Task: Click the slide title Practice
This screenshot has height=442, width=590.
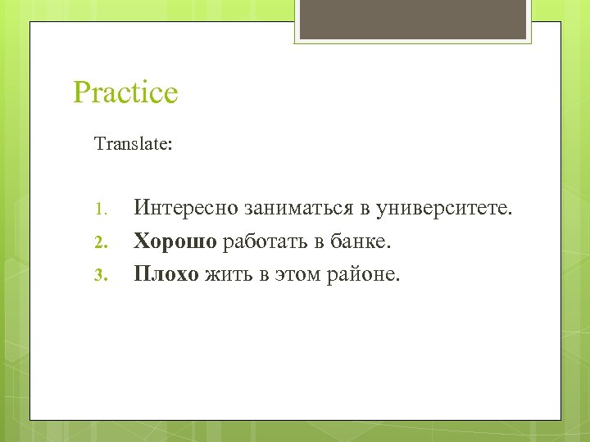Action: coord(125,92)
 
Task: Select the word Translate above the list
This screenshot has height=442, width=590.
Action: coord(131,144)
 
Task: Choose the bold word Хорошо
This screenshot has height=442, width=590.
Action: coord(175,241)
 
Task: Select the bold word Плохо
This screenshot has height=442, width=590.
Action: coord(166,273)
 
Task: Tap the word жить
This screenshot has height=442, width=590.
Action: coord(225,273)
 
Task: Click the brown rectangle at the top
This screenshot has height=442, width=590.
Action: coord(412,19)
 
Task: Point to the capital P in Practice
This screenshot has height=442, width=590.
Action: coord(82,92)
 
